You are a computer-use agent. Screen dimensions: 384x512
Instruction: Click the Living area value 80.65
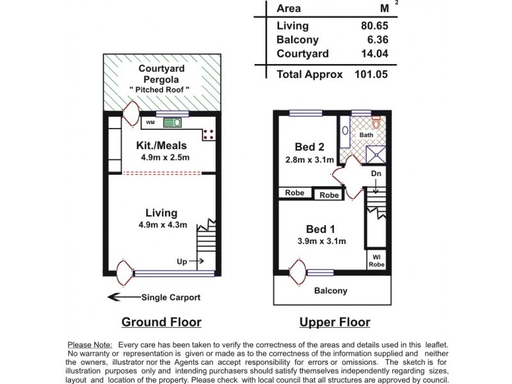coord(374,26)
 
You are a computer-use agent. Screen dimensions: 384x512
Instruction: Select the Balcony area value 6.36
coord(378,40)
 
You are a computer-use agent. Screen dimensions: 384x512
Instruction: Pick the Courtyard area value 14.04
coord(374,54)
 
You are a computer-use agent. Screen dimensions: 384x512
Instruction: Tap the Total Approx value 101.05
coord(371,74)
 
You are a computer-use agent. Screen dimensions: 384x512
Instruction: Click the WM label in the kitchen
coord(150,122)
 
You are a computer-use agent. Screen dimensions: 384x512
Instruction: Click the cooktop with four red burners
coord(209,134)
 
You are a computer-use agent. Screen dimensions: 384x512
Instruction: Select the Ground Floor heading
coord(161,322)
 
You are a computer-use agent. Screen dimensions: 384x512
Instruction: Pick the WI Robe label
coord(376,260)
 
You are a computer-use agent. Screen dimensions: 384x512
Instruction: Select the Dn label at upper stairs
coord(376,173)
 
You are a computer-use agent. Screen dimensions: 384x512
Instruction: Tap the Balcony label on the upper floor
coord(330,291)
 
